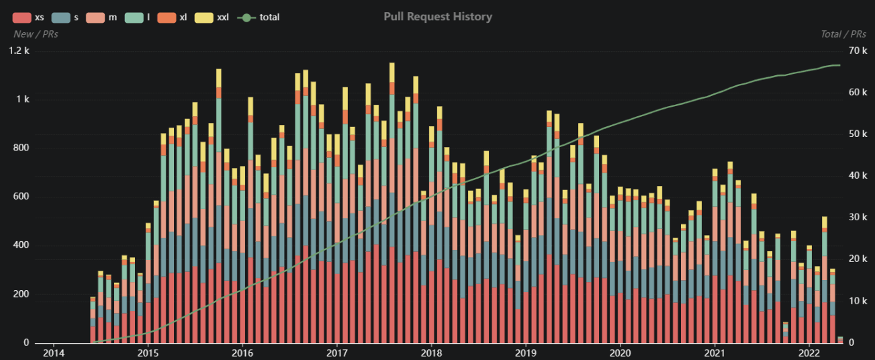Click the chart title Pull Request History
(x=438, y=17)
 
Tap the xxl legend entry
(x=214, y=17)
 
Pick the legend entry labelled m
(x=103, y=17)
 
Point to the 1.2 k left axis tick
(x=19, y=51)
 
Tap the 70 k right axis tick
(x=858, y=51)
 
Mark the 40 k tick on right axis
(x=858, y=176)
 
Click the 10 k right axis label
(x=858, y=301)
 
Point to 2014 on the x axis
(x=53, y=353)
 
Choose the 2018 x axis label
(x=431, y=353)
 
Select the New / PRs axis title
(x=36, y=34)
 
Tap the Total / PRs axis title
(x=843, y=34)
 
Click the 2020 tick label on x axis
(x=620, y=353)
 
